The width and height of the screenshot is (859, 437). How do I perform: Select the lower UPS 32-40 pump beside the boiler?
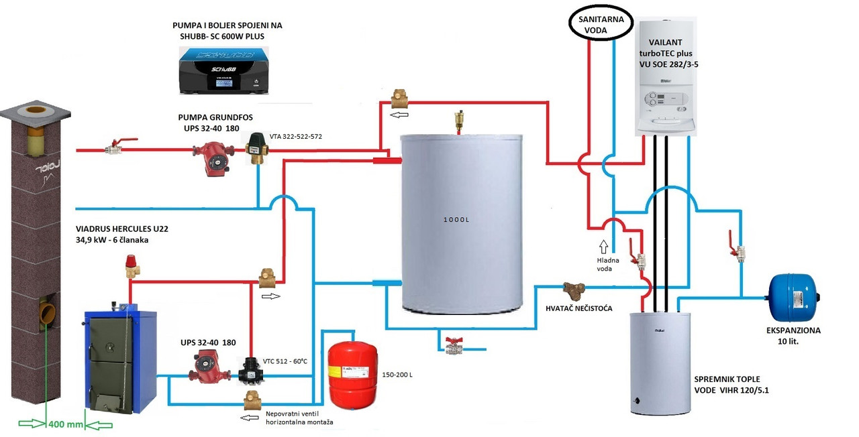pos(205,369)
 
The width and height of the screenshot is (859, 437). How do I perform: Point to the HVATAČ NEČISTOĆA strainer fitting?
pos(574,290)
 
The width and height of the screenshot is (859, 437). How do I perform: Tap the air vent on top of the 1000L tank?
pos(459,121)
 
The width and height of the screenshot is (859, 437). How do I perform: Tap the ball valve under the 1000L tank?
pos(454,346)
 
